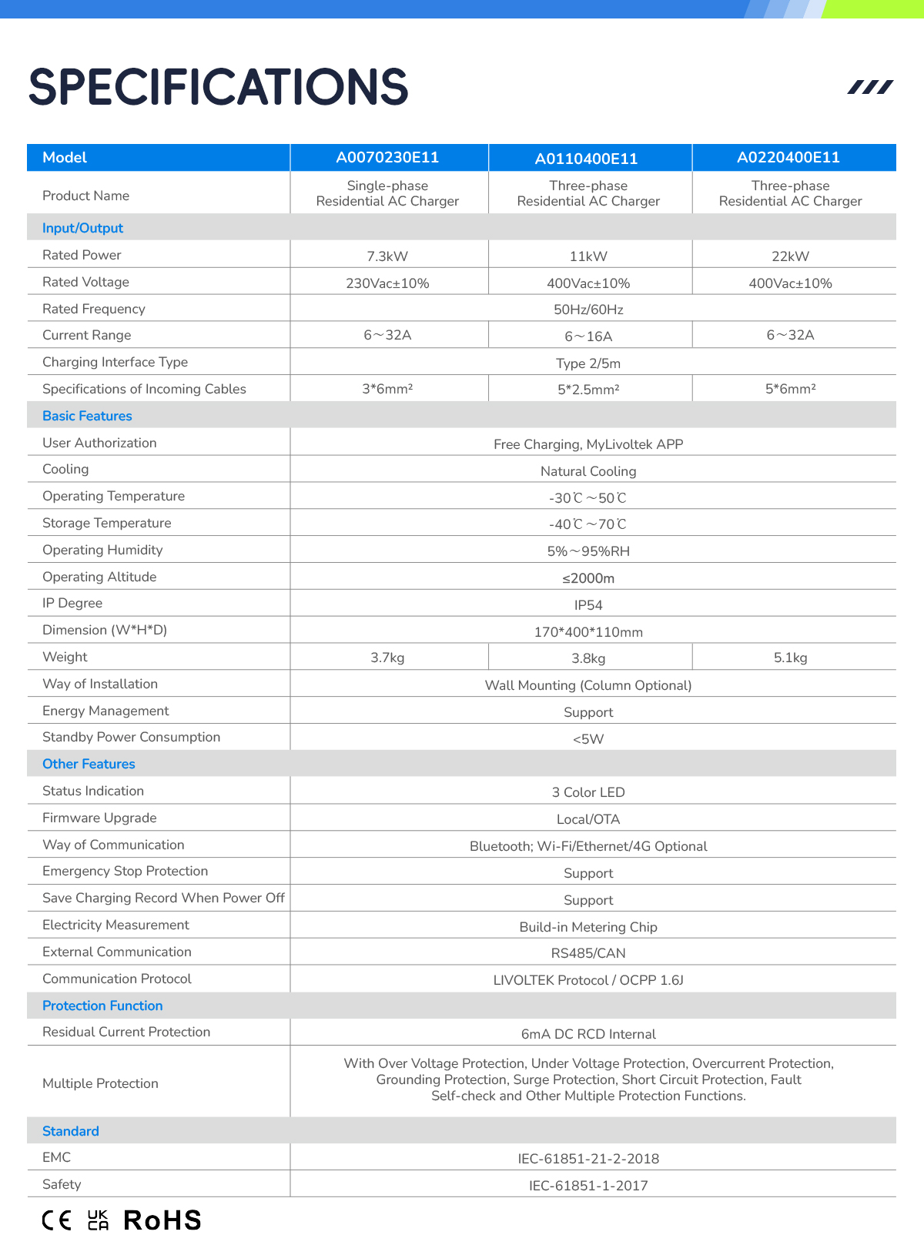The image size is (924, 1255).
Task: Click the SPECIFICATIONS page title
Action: [218, 87]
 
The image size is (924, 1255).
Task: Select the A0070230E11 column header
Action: [387, 158]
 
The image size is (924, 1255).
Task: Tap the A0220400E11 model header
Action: [788, 158]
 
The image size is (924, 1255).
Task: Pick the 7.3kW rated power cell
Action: [387, 256]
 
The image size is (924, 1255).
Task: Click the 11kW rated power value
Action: [588, 256]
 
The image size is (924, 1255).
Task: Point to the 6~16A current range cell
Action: [588, 336]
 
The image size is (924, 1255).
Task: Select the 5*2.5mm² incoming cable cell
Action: [588, 390]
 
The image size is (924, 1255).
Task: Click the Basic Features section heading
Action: [87, 416]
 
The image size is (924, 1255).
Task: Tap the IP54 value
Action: [588, 605]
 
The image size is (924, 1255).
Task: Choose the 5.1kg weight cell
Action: [790, 658]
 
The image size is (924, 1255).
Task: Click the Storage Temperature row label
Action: [107, 523]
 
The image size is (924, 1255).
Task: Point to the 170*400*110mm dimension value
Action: [588, 632]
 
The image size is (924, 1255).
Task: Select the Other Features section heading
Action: [89, 764]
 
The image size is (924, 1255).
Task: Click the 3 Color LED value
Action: [588, 792]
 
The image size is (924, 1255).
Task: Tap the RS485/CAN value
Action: [588, 953]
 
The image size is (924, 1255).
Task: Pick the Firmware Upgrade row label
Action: [99, 818]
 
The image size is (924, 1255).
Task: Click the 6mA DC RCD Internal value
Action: [588, 1034]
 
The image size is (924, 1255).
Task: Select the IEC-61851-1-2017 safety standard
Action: [588, 1186]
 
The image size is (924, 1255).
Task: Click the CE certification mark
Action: [56, 1220]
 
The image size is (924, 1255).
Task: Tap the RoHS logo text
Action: [162, 1220]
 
